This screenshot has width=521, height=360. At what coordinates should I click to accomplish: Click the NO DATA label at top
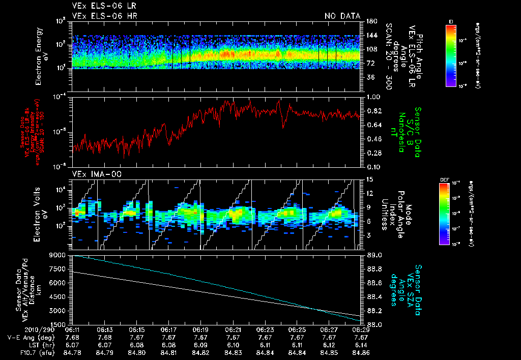tap(342, 16)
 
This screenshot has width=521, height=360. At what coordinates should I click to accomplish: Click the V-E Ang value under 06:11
tap(73, 338)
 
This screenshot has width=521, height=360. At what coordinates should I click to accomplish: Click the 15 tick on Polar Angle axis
tap(369, 179)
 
